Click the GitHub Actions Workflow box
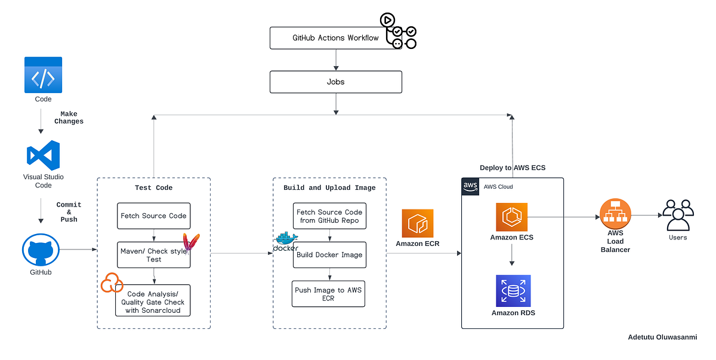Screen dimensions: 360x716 coord(335,38)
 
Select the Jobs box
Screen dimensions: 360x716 coord(335,82)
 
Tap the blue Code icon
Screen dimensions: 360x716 coord(43,75)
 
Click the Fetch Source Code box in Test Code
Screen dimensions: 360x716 coord(153,216)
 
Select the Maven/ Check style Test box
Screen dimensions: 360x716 coord(153,255)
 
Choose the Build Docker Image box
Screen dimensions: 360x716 coord(328,255)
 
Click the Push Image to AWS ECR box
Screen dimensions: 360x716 coord(328,294)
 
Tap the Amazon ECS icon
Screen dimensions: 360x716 coord(511,217)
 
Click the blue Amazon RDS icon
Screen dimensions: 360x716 coord(513,291)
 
